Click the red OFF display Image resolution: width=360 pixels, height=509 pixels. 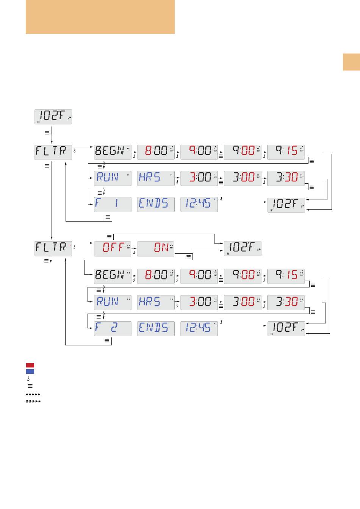pos(113,248)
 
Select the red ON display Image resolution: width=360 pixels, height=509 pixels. pos(156,248)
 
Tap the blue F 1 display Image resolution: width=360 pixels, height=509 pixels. pos(113,204)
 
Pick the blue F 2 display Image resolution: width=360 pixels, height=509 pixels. pos(113,328)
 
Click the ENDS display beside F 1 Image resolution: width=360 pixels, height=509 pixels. pos(156,204)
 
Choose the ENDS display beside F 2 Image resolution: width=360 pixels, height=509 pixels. pos(156,328)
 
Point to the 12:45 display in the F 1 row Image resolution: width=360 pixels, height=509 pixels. pos(199,204)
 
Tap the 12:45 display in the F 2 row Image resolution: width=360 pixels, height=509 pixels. pos(199,328)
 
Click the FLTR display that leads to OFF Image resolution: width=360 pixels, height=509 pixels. pos(53,248)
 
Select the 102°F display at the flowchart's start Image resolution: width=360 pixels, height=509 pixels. pos(53,116)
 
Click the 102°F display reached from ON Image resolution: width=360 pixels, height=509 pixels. pos(243,248)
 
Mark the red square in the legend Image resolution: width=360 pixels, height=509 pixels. pos(30,365)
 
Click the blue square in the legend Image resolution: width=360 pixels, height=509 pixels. pos(30,372)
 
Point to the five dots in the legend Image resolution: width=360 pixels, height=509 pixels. pos(33,394)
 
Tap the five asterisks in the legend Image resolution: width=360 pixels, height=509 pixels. pos(33,401)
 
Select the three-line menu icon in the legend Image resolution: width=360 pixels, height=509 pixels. pos(30,386)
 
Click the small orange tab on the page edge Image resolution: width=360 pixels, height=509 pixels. pos(351,62)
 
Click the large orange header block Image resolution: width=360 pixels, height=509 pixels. pos(100,17)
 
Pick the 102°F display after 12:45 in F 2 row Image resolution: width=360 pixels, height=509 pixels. pos(286,328)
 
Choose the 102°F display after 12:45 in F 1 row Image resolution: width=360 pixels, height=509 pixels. pos(286,205)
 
